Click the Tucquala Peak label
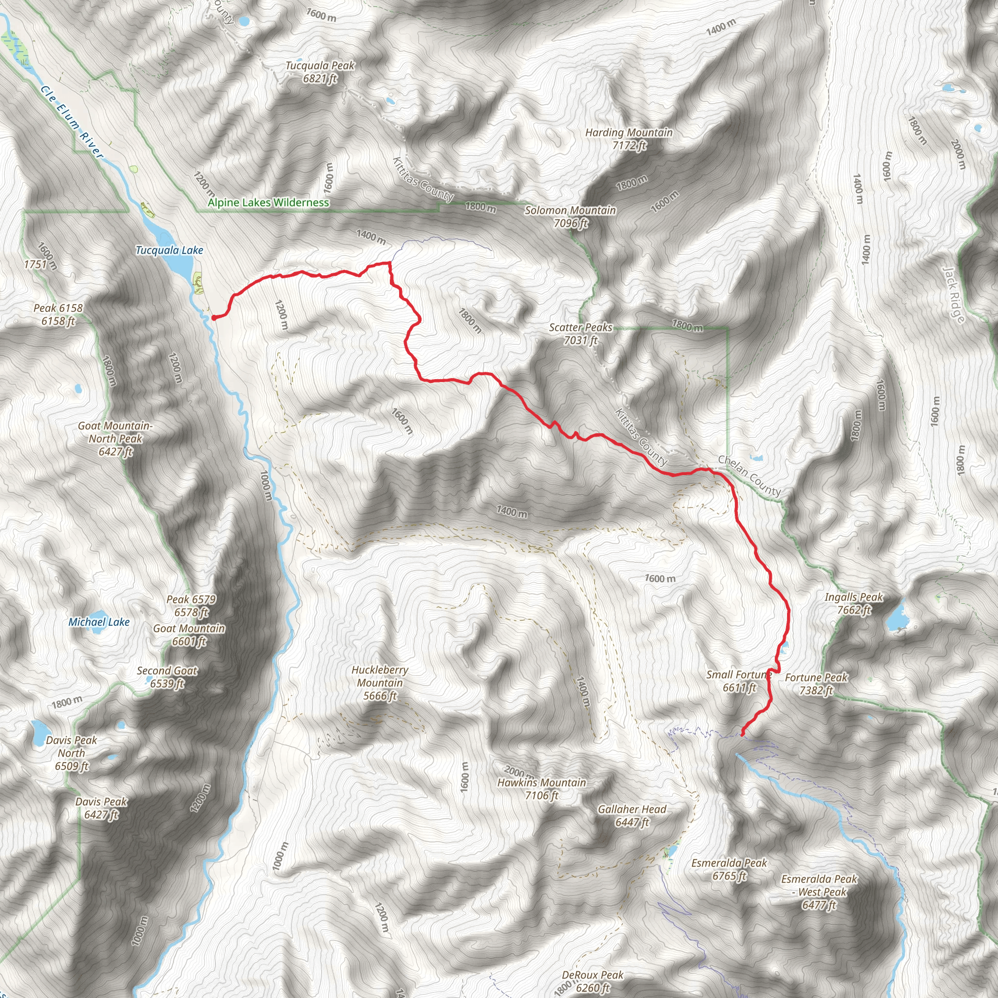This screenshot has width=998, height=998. coord(320,72)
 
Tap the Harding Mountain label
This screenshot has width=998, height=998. coord(629,138)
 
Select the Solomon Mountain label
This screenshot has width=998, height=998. coord(570,216)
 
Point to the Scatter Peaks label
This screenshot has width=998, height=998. coord(580,333)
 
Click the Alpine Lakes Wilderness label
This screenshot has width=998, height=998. coord(268,203)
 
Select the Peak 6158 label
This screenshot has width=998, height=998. coord(58,314)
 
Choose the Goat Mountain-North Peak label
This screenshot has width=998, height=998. coord(115,438)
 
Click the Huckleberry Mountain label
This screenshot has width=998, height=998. coord(380,682)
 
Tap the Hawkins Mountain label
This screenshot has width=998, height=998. coord(541,789)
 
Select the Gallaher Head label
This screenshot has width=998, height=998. coord(632,816)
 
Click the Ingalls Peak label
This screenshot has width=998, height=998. coord(854,603)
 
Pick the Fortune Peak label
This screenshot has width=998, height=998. coord(816,683)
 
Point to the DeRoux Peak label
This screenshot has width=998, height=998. coord(593,981)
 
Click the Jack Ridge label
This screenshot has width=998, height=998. coord(954,294)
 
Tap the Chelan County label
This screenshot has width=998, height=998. coord(749,476)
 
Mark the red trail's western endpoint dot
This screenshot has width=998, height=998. coord(213,318)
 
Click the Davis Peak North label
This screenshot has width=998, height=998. coord(71,752)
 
